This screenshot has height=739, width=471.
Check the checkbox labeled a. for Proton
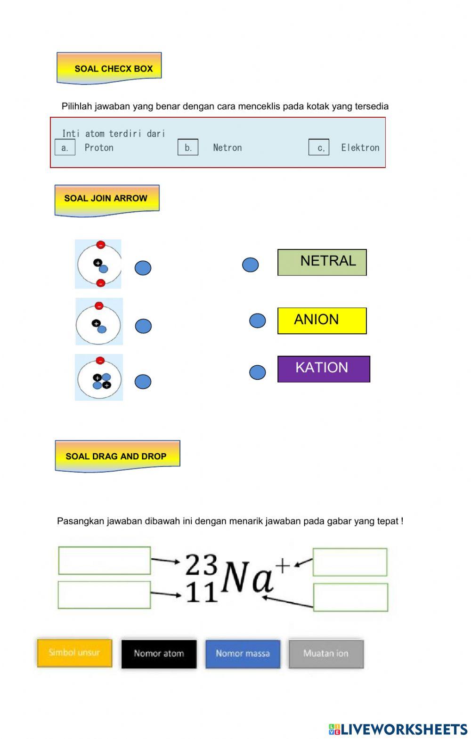coord(65,147)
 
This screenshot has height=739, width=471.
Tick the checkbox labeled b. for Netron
coord(187,147)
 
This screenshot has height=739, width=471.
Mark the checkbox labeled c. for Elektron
coord(319,147)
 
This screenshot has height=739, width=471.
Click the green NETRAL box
coord(322,262)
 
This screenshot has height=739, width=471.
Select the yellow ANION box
coord(322,321)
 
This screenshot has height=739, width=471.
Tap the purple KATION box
coord(324,369)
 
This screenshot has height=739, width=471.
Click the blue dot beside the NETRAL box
coord(250,265)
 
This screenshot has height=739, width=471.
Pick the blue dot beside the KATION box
coord(257,372)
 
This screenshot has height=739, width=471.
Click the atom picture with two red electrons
coord(98,264)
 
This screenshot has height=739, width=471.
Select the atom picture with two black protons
coord(99,378)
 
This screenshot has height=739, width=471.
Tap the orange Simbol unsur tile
coord(74,653)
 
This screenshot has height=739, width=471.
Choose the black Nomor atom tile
coord(159,653)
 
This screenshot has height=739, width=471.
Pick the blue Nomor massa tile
coord(243,653)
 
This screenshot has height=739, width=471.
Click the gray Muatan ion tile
coord(326,653)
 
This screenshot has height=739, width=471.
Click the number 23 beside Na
coord(201,564)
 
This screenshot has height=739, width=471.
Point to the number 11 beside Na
coord(202,593)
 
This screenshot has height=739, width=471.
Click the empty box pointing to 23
coord(104,560)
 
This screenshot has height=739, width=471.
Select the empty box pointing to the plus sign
coord(349,562)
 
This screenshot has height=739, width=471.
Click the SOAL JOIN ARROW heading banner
coord(106,199)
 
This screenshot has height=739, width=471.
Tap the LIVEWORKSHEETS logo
coord(398,729)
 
